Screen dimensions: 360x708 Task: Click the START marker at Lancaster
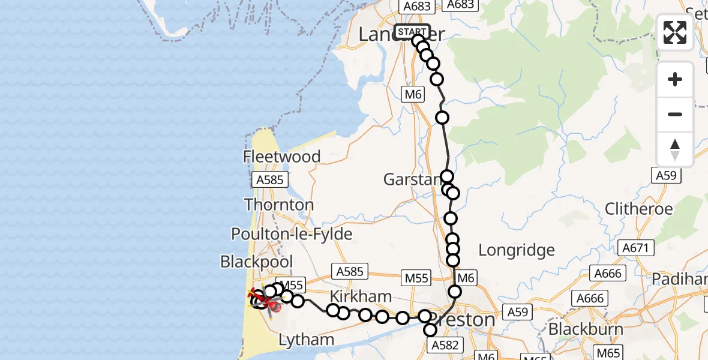(x=412, y=31)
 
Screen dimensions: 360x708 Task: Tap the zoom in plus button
(x=675, y=80)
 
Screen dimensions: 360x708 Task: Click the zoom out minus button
(x=675, y=114)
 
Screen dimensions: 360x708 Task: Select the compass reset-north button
(x=675, y=149)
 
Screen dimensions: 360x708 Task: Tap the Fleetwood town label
(x=281, y=157)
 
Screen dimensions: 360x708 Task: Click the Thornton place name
(x=279, y=205)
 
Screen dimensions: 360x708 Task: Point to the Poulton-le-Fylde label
(x=292, y=234)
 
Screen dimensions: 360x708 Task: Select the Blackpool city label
(x=257, y=262)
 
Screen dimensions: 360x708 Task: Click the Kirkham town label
(x=361, y=296)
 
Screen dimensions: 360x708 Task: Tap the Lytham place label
(x=307, y=340)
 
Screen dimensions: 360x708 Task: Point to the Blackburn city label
(x=585, y=329)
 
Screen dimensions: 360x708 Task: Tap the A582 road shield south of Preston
(x=445, y=345)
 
